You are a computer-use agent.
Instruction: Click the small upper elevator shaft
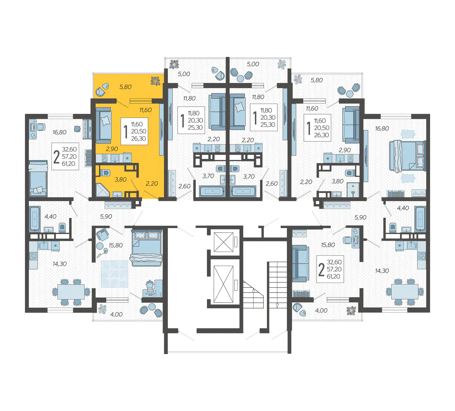224,242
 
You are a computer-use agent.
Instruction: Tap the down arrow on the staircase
277,305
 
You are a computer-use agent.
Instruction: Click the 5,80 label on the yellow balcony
125,87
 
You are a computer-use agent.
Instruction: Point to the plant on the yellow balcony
155,81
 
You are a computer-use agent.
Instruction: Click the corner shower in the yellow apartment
102,190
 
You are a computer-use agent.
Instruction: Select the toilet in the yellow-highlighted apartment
105,173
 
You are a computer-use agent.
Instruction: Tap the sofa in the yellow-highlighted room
103,126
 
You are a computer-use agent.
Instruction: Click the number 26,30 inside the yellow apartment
138,139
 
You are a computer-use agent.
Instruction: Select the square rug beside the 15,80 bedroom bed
115,274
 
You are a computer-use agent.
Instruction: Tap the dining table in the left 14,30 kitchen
71,292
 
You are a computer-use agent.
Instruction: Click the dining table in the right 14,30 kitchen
405,292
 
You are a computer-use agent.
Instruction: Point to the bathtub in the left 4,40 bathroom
34,219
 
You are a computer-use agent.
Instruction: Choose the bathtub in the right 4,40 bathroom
420,219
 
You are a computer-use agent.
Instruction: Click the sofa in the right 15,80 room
300,264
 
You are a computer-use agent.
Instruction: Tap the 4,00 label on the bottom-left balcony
116,314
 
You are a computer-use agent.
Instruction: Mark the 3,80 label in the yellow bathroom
120,179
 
